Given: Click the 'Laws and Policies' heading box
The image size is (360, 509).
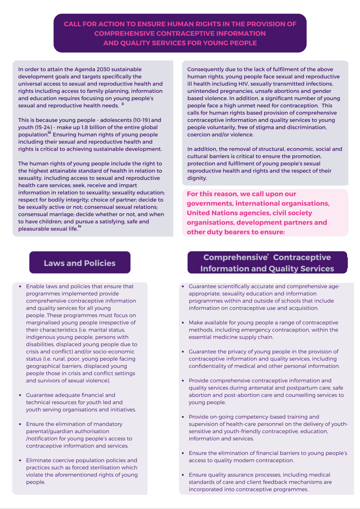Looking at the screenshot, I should pos(79,263).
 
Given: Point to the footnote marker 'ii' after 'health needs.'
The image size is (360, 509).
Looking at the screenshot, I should pos(123,104).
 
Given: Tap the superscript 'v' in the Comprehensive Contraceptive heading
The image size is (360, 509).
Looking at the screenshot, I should pos(268,255).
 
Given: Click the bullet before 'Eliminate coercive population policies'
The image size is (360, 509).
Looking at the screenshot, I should pos(20,460).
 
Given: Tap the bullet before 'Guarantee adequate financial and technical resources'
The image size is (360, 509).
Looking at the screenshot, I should pos(20,395).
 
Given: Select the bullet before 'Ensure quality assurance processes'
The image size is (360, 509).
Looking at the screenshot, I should pos(182,475).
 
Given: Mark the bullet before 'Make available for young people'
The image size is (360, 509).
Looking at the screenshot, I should pos(182,323).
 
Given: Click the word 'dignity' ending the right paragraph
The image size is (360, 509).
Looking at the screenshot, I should pos(197,178).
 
